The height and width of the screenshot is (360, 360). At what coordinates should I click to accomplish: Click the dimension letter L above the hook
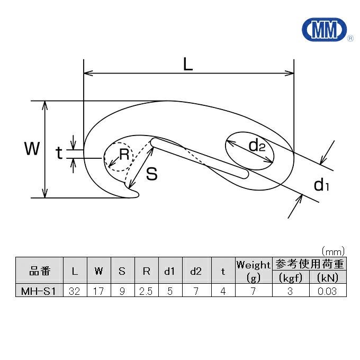coord(188,64)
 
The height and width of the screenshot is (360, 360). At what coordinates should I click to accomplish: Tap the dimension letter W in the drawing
coord(32,149)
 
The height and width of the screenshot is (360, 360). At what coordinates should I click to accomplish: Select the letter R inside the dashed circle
coord(124,155)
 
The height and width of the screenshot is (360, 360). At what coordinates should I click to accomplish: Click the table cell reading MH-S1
coord(40,291)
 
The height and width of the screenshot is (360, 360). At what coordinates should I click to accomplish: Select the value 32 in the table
coord(75,291)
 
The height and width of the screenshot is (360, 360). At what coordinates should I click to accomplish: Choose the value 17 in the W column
coord(99,291)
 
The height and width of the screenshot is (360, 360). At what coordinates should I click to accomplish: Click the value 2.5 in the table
coord(146,291)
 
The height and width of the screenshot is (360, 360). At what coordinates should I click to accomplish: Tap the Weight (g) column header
coord(253,271)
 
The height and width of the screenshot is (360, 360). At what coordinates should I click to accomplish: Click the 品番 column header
coord(40,271)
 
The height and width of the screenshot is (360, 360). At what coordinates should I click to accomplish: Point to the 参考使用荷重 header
coord(309,264)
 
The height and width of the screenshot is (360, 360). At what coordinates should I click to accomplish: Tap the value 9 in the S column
coord(122,291)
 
